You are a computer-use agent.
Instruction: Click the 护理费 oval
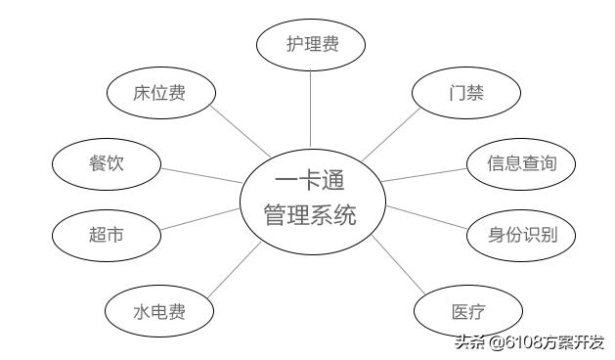(311, 45)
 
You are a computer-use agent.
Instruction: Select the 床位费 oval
(159, 94)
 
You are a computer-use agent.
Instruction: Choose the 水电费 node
(159, 312)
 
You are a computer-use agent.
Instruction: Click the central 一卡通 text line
(310, 181)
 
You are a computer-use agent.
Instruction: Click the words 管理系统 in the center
(310, 214)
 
